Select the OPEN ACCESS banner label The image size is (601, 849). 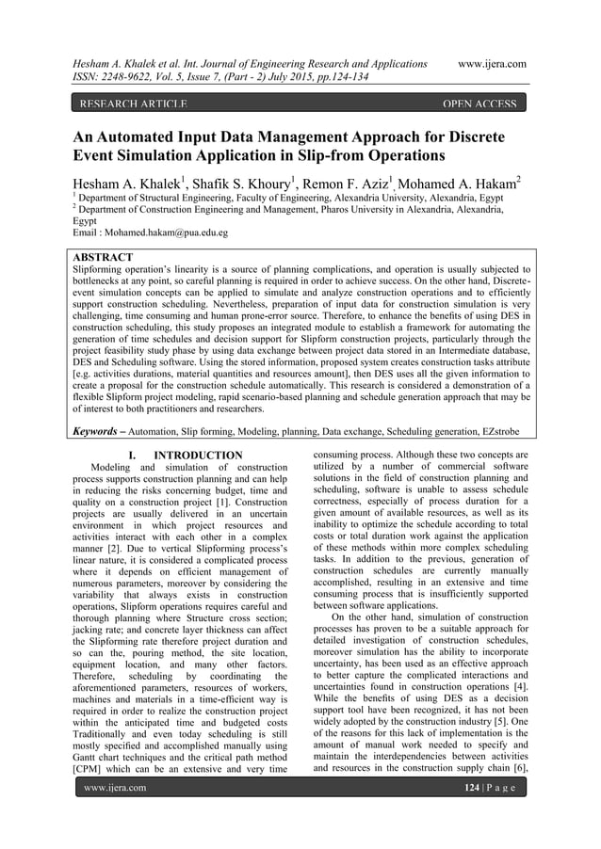479,104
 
